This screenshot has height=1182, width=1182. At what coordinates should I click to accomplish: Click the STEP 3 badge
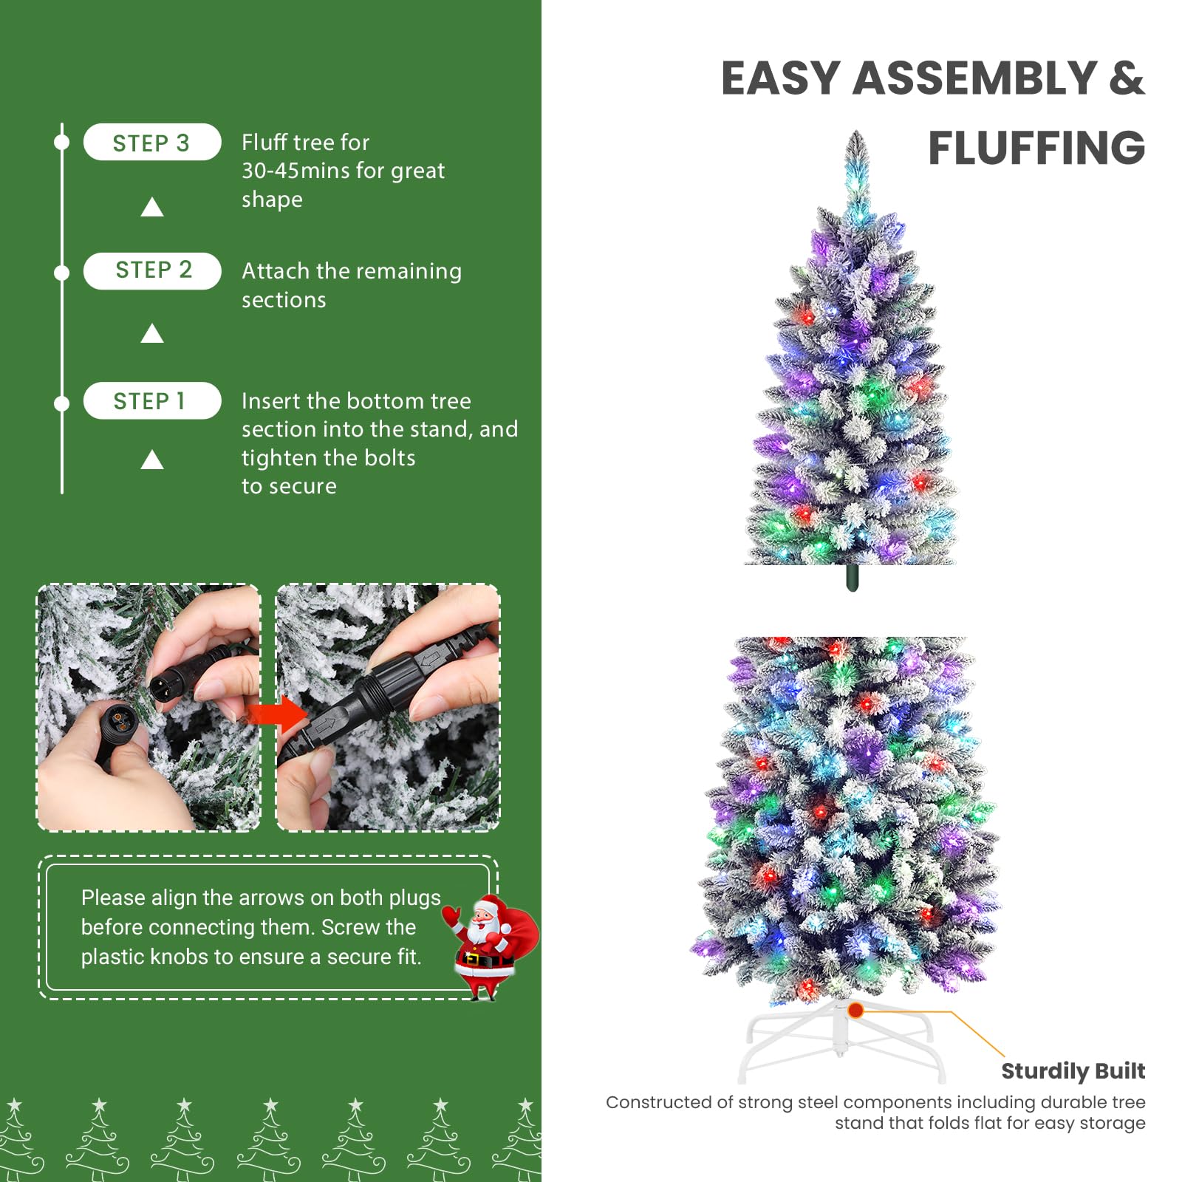151,143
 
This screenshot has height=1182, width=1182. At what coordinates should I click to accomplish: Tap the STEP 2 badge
152,270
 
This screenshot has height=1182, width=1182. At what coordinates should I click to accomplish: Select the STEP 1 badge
151,401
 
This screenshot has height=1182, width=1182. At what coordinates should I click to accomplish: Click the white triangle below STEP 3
152,208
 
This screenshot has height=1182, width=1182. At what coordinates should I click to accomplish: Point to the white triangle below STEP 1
152,461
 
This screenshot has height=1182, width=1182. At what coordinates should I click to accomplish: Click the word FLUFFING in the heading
1036,148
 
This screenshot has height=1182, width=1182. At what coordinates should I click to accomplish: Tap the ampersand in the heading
1126,78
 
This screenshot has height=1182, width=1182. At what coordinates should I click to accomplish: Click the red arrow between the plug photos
276,714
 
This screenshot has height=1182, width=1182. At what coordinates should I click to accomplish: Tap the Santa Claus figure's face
483,920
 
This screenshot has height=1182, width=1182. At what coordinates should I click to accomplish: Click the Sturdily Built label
1073,1070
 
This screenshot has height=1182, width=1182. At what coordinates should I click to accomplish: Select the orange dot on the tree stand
855,1009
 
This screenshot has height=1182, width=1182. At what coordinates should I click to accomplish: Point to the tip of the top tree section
856,135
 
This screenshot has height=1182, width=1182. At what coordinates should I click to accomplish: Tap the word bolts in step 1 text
392,458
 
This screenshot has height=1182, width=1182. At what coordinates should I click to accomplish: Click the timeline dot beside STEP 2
62,273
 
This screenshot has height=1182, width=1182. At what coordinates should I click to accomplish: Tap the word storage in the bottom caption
1112,1123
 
